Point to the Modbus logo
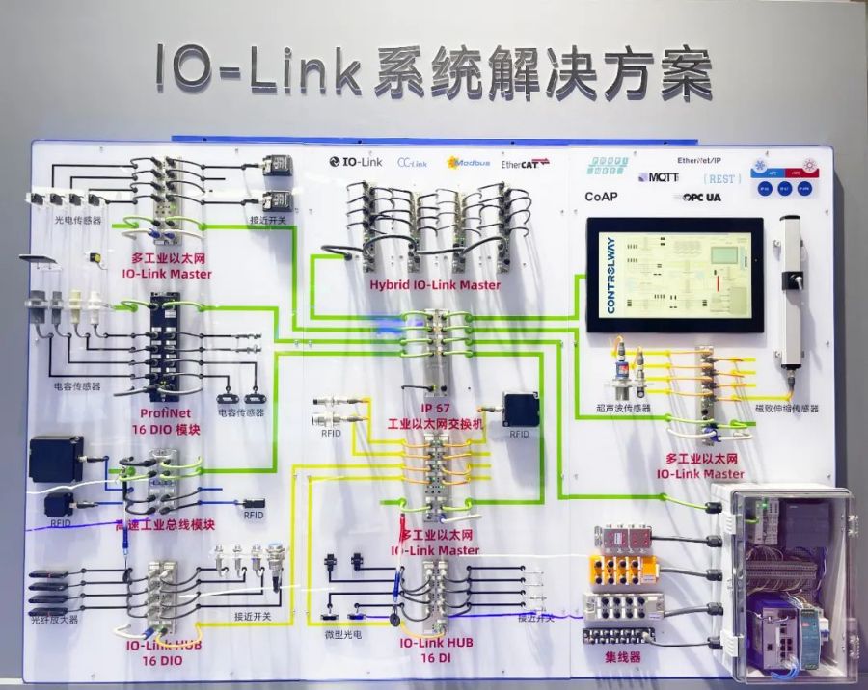click(469, 163)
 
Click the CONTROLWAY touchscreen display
click(674, 275)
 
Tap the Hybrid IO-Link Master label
click(435, 285)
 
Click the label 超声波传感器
click(624, 409)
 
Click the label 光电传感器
click(77, 221)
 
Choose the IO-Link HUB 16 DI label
click(436, 650)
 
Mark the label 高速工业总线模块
click(164, 525)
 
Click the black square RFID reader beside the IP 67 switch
click(522, 410)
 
